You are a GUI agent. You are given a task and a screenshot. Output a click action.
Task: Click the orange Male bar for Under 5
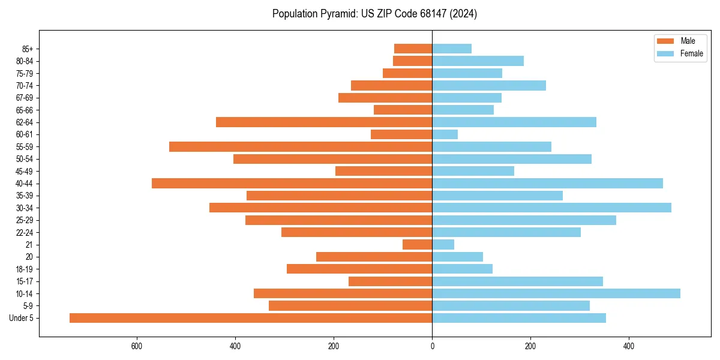pos(251,318)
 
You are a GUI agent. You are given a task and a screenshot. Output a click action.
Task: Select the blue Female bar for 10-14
pos(556,293)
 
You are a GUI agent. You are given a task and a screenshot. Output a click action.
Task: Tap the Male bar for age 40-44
pos(292,183)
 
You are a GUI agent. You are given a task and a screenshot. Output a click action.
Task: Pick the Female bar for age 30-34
pos(551,208)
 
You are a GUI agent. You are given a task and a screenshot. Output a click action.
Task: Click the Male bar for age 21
pos(417,244)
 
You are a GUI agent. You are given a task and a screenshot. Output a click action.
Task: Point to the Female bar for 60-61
pos(445,134)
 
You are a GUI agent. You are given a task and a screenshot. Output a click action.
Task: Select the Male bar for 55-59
pos(301,146)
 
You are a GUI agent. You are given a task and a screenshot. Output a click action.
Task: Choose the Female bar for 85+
pos(452,49)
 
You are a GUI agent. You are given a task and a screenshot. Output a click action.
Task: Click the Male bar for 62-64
pos(324,122)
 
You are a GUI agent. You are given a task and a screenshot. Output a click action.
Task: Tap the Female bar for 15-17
pos(517,281)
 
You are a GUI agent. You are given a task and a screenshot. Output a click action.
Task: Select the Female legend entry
pos(679,53)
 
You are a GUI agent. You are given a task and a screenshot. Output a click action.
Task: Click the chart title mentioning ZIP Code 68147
pos(374,14)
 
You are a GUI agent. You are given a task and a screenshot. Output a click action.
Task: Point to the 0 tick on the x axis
pos(432,346)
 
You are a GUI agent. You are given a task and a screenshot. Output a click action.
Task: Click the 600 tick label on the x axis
pos(137,346)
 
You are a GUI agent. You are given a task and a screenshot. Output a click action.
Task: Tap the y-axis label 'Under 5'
pos(21,318)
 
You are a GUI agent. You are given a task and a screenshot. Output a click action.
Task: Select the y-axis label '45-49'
pos(25,171)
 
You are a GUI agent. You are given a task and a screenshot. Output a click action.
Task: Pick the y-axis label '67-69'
pos(25,98)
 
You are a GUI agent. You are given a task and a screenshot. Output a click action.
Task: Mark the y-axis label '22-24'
pos(25,232)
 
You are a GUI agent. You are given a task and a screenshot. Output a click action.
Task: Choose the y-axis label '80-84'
pos(25,61)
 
